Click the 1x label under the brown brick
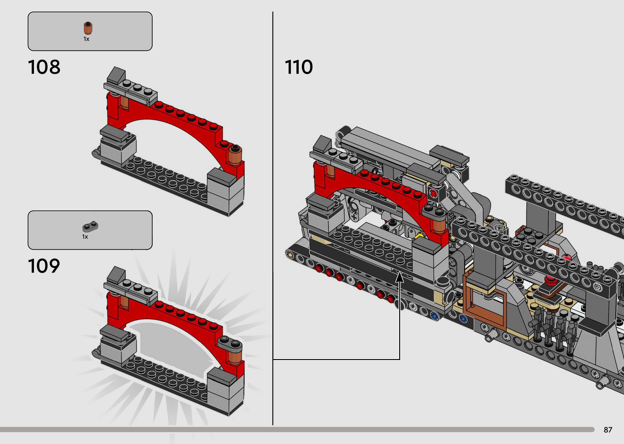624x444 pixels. tap(86, 39)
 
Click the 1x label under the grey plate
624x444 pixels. tap(85, 237)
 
